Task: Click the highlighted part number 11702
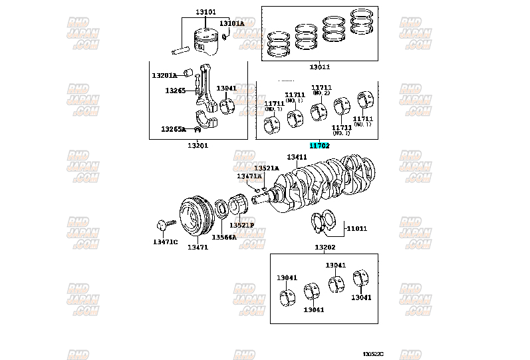point(319,145)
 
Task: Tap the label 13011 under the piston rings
point(319,67)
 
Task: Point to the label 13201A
point(164,75)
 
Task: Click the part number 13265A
point(174,129)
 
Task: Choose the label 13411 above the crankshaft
point(297,157)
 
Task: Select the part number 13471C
point(166,241)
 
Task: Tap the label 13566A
point(224,237)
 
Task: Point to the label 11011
point(357,228)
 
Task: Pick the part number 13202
point(325,247)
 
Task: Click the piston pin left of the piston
point(181,50)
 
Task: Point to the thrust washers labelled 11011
point(325,222)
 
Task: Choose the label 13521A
point(266,168)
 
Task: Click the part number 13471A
point(249,176)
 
